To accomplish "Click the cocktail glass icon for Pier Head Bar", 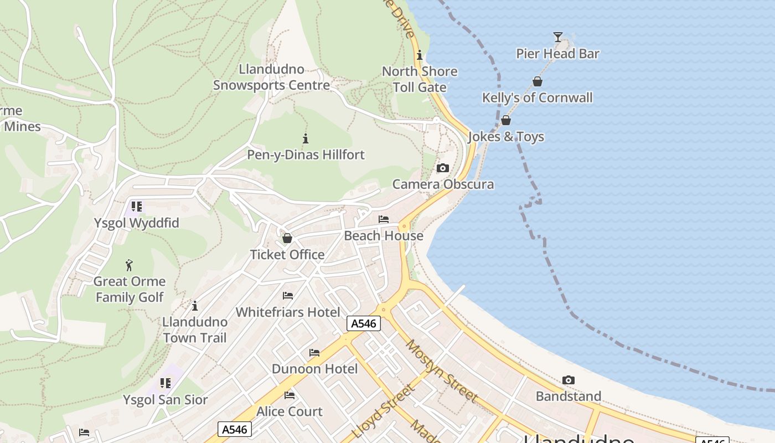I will (x=557, y=37).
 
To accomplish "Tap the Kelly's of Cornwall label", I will (x=537, y=98).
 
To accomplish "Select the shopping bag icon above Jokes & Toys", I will (x=505, y=120).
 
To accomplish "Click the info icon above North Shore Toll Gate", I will (x=420, y=55).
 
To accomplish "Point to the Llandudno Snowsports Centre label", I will (x=271, y=78).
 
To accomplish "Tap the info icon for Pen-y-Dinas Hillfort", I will (x=305, y=138).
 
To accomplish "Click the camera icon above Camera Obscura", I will (x=443, y=168).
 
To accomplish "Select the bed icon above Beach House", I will (x=384, y=219).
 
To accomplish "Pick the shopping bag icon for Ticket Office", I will (x=287, y=238).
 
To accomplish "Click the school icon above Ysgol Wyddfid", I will (x=136, y=207).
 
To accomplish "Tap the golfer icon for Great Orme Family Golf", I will (x=129, y=265).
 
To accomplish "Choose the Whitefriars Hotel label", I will (x=288, y=312).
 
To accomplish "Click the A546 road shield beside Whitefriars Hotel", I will (x=364, y=323).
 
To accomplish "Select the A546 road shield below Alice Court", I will (x=235, y=429).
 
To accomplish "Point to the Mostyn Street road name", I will (x=441, y=370).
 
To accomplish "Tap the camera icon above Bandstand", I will (x=568, y=380).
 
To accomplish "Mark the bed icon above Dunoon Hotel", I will (x=314, y=353).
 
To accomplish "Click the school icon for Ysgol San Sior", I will (x=165, y=383).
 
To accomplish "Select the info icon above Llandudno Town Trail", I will (x=194, y=306).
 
